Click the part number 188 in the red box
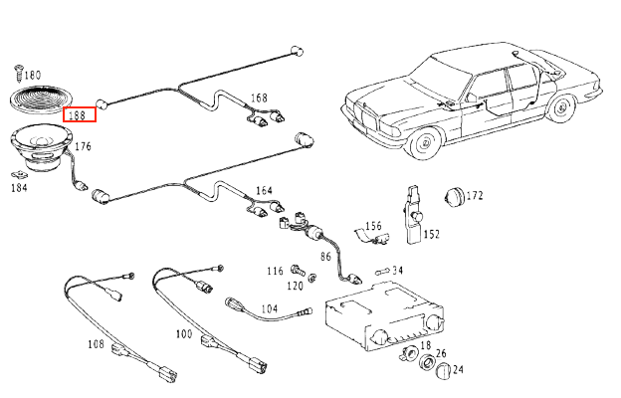[80, 113]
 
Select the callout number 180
[32, 76]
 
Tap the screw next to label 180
[18, 71]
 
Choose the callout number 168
[259, 99]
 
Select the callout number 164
[264, 190]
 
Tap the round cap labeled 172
[456, 196]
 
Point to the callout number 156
[372, 227]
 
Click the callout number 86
[324, 257]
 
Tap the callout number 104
[270, 309]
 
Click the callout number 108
[96, 345]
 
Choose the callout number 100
[183, 334]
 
